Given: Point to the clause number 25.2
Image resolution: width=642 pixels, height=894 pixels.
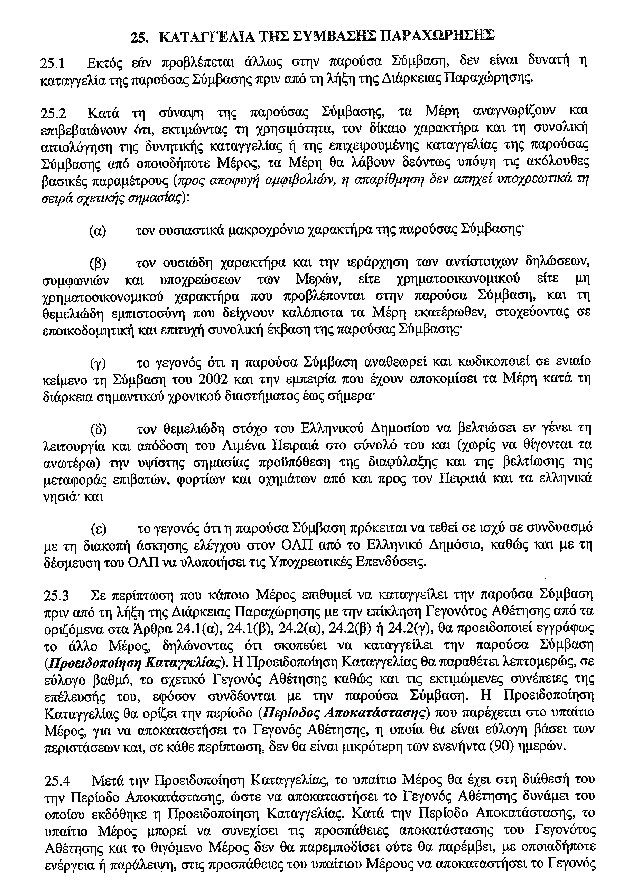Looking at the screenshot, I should pos(54,114).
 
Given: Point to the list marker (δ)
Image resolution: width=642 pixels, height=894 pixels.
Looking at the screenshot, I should pos(99,429).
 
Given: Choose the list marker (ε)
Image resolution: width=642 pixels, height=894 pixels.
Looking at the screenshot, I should pos(99,529).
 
